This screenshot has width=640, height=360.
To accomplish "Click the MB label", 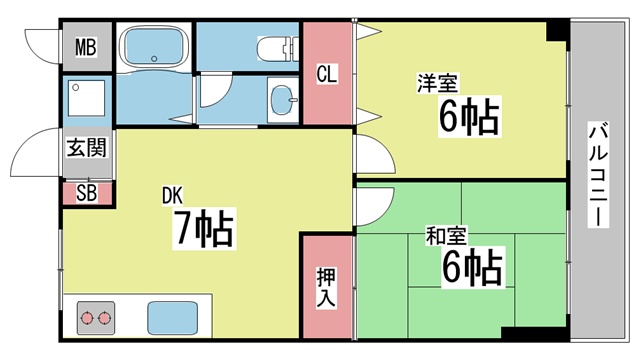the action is tap(86, 47).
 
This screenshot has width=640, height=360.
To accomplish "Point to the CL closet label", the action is tap(327, 75).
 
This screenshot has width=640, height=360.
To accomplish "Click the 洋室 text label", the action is tap(437, 83).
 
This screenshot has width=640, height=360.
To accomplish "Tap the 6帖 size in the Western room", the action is tap(469, 117).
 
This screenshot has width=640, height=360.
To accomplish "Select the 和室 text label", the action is tap(446, 236).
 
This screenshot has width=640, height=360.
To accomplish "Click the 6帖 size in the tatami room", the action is tap(472, 267).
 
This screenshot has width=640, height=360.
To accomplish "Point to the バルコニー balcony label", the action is tap(598, 174).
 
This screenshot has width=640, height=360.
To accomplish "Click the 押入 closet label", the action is tap(326, 287).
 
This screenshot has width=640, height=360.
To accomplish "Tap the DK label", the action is tap(172, 196).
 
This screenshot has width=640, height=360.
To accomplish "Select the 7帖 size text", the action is tap(204, 228).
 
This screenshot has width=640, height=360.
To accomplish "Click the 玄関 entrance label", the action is tap(87, 147).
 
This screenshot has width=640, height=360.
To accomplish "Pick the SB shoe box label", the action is tap(87, 193).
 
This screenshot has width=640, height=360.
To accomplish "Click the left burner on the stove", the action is tap(87, 318).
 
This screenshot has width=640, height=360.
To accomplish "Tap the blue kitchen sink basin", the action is tap(172, 318).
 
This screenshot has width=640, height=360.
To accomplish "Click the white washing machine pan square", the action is tap(87, 98).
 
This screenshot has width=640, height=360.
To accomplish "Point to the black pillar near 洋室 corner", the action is tap(558, 30).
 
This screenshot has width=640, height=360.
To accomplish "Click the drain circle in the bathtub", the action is tap(154, 58).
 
